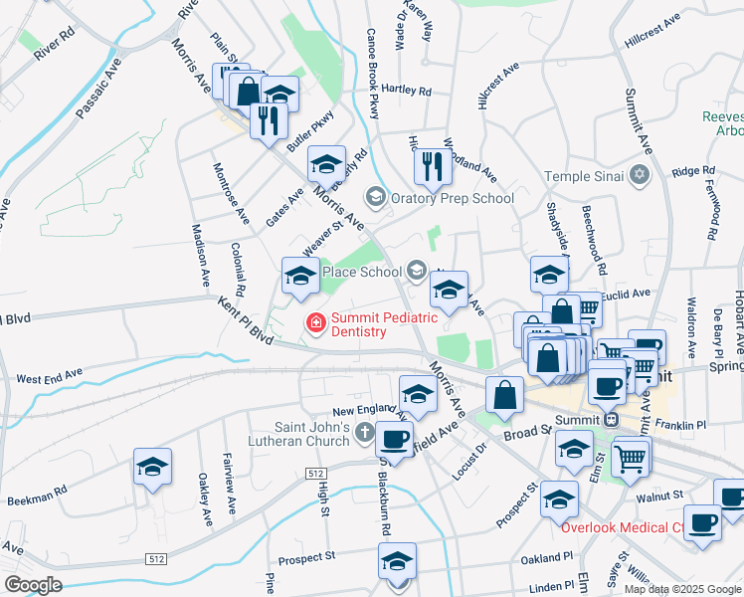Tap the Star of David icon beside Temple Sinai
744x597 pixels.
tap(640, 175)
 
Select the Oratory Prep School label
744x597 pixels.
tap(452, 198)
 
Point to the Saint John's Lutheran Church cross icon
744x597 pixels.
tap(364, 433)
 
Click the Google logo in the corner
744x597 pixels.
tap(33, 585)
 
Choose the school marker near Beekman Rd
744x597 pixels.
tap(152, 467)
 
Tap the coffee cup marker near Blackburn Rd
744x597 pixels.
tap(394, 438)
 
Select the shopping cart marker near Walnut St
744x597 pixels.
tap(633, 459)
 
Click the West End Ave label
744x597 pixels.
tap(49, 379)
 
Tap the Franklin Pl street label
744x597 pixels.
tap(685, 424)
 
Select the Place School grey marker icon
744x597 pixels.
tap(417, 271)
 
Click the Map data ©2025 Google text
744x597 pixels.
tap(681, 589)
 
